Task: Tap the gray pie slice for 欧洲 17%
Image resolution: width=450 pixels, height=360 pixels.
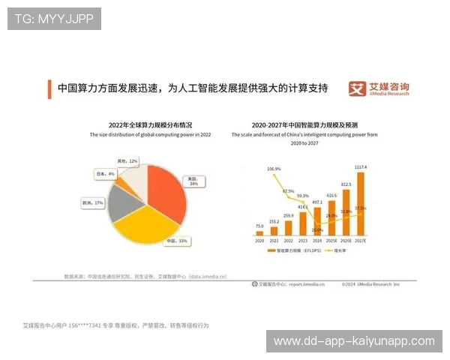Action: [x=120, y=205]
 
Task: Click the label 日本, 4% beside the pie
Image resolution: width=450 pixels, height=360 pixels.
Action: [x=105, y=173]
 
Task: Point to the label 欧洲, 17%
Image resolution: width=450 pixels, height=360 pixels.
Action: [x=92, y=202]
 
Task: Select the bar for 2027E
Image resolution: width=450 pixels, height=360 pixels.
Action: [x=361, y=205]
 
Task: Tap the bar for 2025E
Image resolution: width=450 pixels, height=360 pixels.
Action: [x=331, y=218]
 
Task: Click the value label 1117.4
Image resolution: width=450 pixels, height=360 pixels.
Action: [x=361, y=167]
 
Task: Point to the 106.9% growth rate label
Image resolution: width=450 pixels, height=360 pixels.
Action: [x=274, y=169]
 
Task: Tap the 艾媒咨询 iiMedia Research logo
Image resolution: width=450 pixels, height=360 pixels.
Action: [x=379, y=89]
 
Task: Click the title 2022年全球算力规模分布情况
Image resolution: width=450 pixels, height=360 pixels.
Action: [x=151, y=124]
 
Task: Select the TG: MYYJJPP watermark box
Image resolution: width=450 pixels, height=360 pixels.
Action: [x=54, y=19]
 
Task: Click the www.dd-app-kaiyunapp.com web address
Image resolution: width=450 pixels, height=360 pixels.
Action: [x=353, y=341]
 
